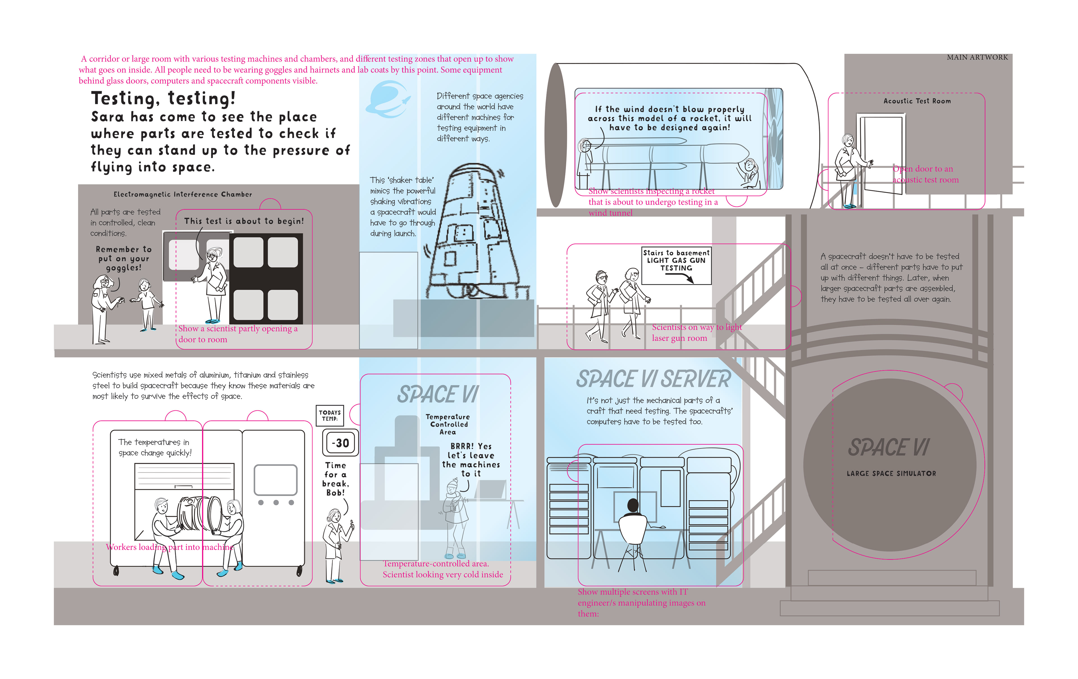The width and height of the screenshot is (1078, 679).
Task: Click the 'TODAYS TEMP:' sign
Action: (x=330, y=415)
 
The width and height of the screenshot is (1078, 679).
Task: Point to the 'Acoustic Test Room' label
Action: (x=917, y=101)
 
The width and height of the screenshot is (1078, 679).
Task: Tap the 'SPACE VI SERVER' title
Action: (x=653, y=379)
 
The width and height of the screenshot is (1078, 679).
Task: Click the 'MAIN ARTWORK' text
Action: (x=977, y=57)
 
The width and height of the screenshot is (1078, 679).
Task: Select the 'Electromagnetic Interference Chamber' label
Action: (x=183, y=194)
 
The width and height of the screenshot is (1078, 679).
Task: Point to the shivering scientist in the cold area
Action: (x=455, y=515)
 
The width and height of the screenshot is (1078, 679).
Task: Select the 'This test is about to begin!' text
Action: (x=244, y=221)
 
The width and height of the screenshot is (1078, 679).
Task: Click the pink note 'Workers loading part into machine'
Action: (x=170, y=547)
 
